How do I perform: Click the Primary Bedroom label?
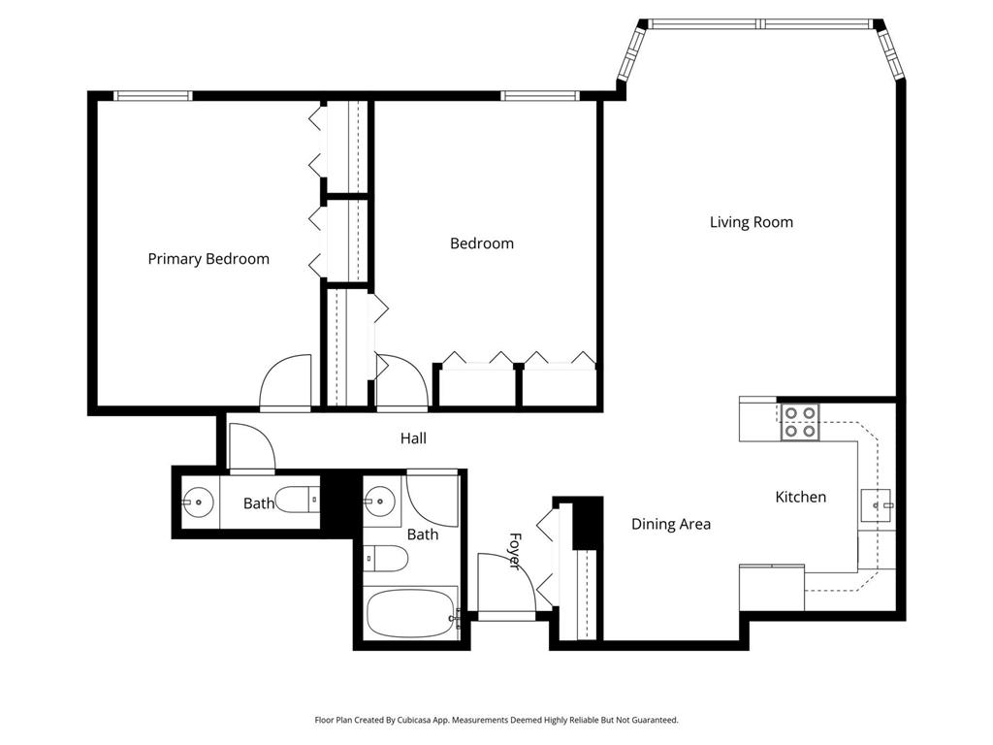tap(208, 259)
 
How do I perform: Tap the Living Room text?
tap(752, 222)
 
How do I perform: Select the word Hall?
tap(413, 438)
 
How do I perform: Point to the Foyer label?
tap(515, 550)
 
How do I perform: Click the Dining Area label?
tap(671, 524)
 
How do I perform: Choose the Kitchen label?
tap(800, 497)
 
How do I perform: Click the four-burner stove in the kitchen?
tap(800, 422)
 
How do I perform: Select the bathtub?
tap(411, 611)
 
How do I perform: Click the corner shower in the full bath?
tap(432, 499)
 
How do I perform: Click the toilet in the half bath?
tap(297, 500)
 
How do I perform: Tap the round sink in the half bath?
tap(197, 502)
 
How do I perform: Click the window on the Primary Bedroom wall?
tap(153, 95)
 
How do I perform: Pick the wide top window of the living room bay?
tap(761, 24)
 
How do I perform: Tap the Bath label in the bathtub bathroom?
tap(423, 534)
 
